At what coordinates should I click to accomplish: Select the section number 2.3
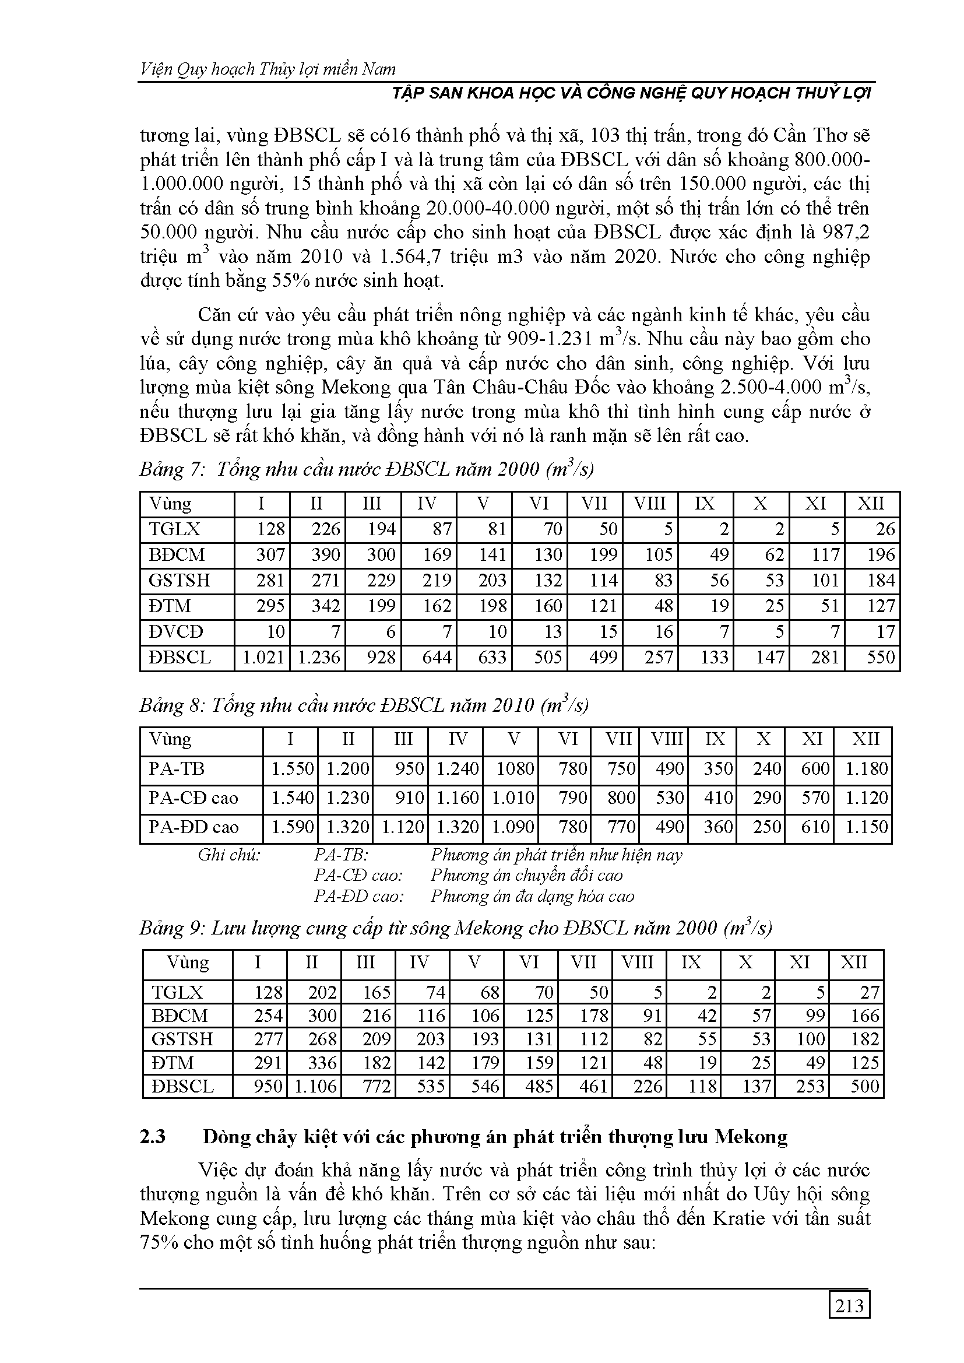(x=153, y=1136)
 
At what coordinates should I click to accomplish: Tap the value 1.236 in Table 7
(x=318, y=657)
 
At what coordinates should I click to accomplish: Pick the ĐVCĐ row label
(x=176, y=631)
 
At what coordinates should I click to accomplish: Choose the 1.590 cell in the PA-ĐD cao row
(x=293, y=827)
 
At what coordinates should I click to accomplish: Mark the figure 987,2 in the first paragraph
(x=845, y=232)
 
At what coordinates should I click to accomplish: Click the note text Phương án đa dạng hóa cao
(x=533, y=895)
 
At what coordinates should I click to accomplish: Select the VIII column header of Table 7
(x=649, y=504)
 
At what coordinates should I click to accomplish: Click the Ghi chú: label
(x=229, y=855)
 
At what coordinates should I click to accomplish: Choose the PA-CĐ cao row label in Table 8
(x=193, y=798)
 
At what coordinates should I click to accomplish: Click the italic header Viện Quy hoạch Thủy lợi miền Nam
(x=268, y=69)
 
